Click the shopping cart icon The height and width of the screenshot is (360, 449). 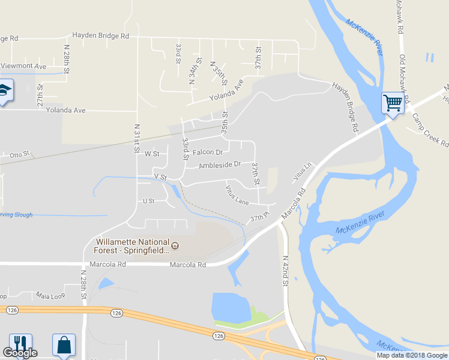point(393,103)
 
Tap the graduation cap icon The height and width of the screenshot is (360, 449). point(5,91)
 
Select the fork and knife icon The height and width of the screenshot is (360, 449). point(19,344)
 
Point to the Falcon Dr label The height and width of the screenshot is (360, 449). point(208,152)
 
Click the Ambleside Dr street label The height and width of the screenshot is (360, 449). point(220,164)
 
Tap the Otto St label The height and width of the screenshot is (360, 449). point(19,155)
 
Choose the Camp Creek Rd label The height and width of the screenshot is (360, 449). point(430,128)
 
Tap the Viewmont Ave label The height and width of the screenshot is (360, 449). point(23,65)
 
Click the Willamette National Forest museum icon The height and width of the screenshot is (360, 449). point(175,246)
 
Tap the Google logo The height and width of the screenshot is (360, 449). point(19,353)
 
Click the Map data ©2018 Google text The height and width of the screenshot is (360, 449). point(412,355)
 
